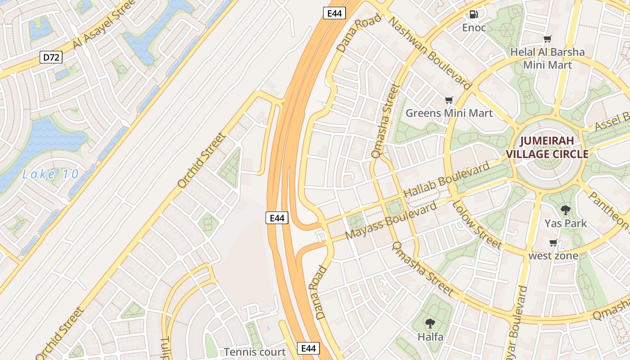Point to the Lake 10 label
(50, 174)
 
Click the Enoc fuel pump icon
(473, 14)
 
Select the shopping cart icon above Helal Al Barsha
(547, 39)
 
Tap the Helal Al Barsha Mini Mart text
(547, 58)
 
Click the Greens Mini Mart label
(449, 113)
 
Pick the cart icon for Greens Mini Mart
(449, 100)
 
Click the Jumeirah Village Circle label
(547, 148)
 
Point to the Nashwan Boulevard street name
(430, 53)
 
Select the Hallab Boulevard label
(446, 180)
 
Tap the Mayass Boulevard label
(391, 221)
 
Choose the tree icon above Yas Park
(566, 210)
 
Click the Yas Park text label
(566, 223)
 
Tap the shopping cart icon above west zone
(553, 243)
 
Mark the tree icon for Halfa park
(430, 323)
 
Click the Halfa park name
(430, 337)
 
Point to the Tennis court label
(255, 352)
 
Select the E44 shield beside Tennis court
(308, 348)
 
